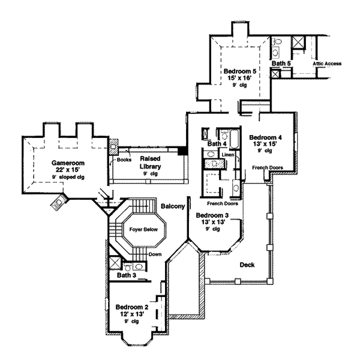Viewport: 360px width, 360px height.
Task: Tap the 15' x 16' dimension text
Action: click(x=240, y=78)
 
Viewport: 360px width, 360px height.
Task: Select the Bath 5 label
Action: click(x=281, y=63)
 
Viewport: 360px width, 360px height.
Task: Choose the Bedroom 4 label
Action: click(x=266, y=136)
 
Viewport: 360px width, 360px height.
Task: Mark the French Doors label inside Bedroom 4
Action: click(x=267, y=167)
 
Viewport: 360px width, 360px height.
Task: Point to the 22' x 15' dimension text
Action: click(x=66, y=170)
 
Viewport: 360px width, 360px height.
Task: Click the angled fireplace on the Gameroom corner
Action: click(x=59, y=203)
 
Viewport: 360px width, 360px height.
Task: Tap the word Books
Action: click(x=124, y=160)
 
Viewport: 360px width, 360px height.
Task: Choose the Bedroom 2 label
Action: click(x=131, y=307)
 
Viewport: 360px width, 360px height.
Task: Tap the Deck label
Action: click(x=247, y=264)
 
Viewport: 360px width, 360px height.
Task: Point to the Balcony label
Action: click(x=172, y=206)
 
